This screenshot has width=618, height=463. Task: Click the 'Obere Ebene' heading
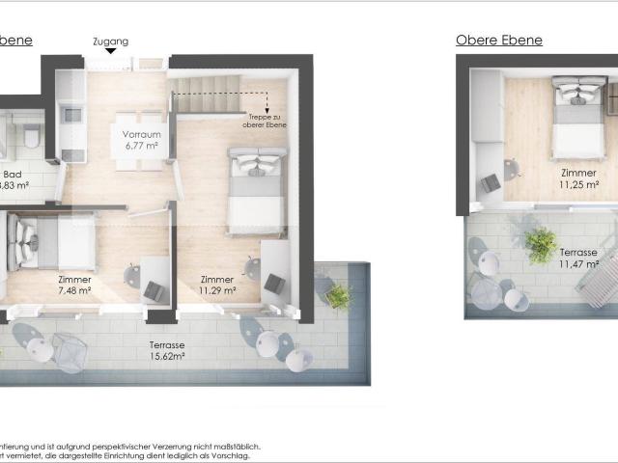pyautogui.click(x=498, y=41)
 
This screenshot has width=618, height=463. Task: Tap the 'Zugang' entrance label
pyautogui.click(x=110, y=41)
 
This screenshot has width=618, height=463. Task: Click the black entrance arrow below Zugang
pyautogui.click(x=111, y=52)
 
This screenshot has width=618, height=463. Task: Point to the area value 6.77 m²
pyautogui.click(x=141, y=148)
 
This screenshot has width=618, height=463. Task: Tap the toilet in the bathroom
pyautogui.click(x=31, y=136)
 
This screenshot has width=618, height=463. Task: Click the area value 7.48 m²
pyautogui.click(x=74, y=289)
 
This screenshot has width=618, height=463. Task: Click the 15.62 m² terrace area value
pyautogui.click(x=167, y=356)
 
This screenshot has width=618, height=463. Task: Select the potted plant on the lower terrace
pyautogui.click(x=338, y=295)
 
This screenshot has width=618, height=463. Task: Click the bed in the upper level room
pyautogui.click(x=577, y=117)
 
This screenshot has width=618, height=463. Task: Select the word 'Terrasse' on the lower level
pyautogui.click(x=167, y=344)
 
